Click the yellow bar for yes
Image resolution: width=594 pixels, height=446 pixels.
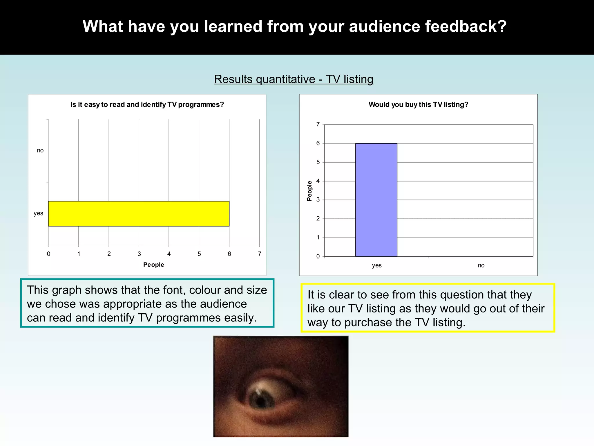(x=139, y=214)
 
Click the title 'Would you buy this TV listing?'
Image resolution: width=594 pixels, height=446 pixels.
(x=418, y=105)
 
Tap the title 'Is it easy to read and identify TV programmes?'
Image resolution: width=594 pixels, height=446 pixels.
(x=147, y=105)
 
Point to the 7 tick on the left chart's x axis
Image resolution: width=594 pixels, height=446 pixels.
(x=260, y=254)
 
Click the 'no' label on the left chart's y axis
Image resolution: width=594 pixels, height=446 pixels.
(x=40, y=150)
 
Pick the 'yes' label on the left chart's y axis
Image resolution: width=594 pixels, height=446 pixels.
(x=38, y=213)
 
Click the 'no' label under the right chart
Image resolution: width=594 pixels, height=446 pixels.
(x=481, y=265)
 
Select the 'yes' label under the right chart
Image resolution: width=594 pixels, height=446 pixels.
(x=377, y=265)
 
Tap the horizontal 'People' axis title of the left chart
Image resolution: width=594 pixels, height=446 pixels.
(x=153, y=265)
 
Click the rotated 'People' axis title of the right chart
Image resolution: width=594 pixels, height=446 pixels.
(x=309, y=191)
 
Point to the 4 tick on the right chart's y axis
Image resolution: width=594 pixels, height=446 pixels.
(x=318, y=181)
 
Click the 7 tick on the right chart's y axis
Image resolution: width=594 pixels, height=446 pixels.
(x=318, y=125)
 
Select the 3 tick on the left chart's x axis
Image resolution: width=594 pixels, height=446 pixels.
(x=139, y=254)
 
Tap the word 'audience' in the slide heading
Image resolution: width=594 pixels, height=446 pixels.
(x=385, y=26)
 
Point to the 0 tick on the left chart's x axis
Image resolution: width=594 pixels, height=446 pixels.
(x=48, y=254)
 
